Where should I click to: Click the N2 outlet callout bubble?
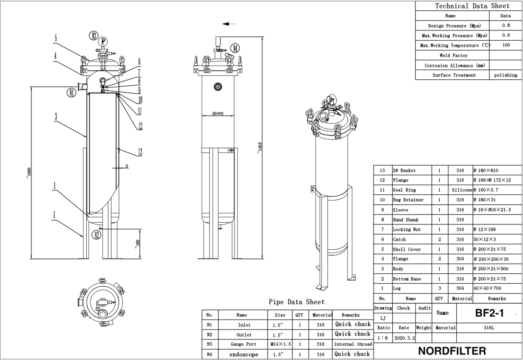coord(97,235)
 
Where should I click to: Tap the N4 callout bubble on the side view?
coord(235,48)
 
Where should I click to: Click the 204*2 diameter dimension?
coord(217,113)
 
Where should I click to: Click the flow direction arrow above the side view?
coord(229,24)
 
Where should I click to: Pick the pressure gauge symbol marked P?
coord(103,41)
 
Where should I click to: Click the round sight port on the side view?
coord(217,87)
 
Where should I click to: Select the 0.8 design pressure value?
coord(506,25)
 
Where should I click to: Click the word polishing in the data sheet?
coord(506,75)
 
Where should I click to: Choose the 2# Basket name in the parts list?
coord(404,170)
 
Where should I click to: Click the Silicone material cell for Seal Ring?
coord(462,190)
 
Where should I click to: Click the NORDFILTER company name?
coord(451,351)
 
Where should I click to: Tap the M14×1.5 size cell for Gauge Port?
coord(280,344)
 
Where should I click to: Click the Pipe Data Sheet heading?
coord(296,302)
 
